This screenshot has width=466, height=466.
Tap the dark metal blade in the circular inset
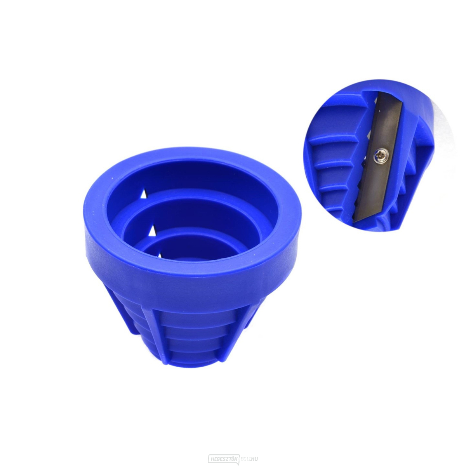point(383,128)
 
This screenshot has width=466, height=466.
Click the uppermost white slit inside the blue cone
point(143,193)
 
